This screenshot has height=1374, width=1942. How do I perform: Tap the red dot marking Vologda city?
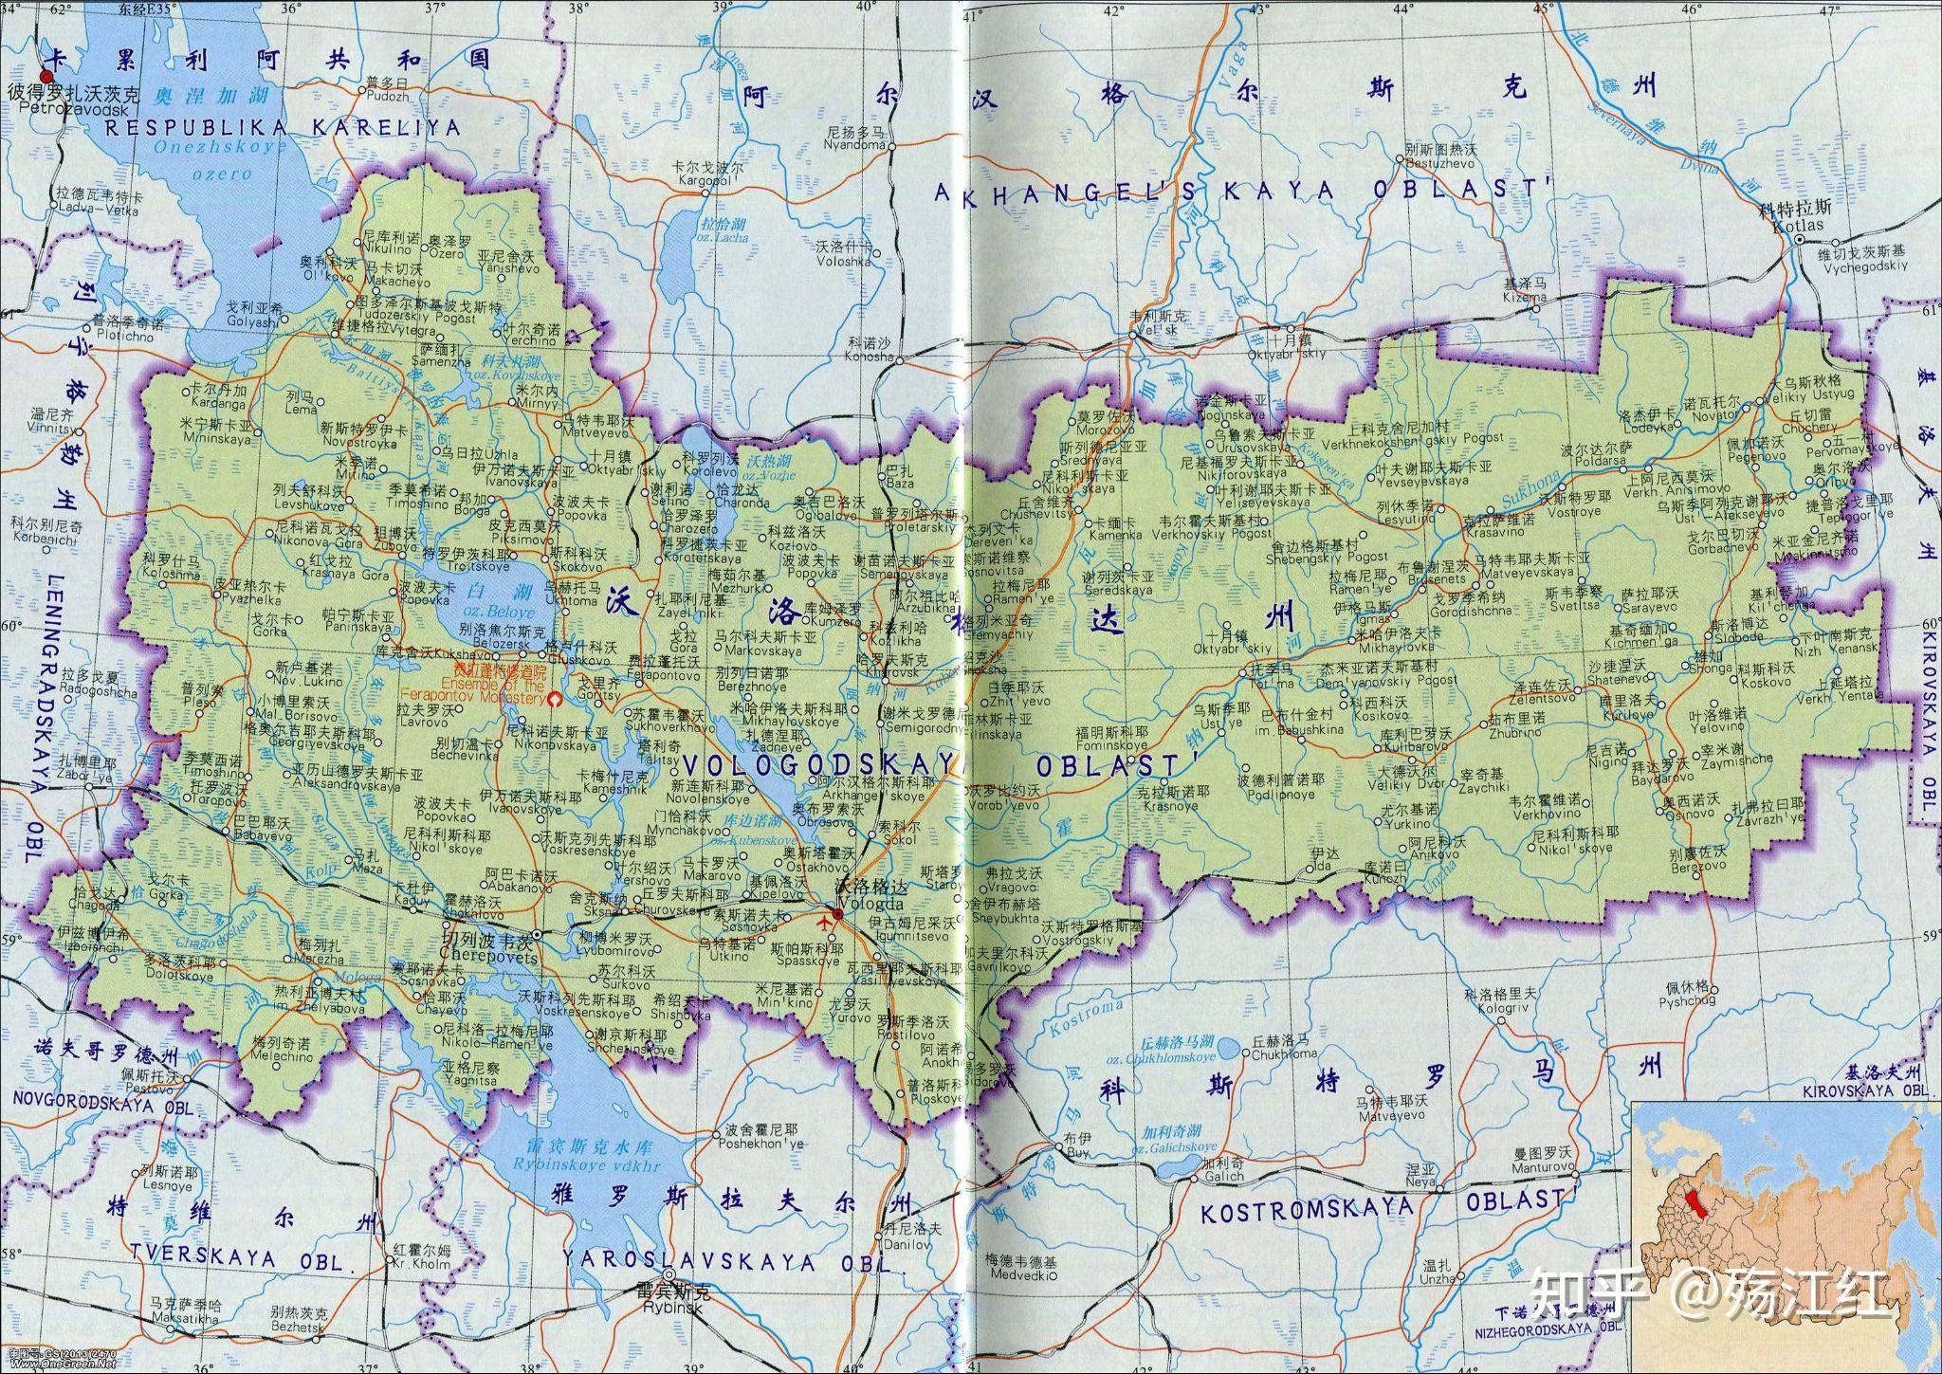pos(836,915)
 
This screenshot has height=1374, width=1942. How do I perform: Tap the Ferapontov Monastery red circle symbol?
pos(557,701)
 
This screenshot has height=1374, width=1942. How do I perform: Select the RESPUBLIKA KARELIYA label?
pos(283,127)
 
